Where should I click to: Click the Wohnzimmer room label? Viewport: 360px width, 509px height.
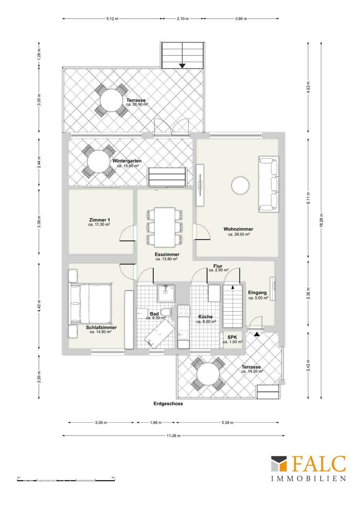tap(238, 229)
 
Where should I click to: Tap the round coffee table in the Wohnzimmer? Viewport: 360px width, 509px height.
tap(240, 185)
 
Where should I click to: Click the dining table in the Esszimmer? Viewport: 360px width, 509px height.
tap(165, 227)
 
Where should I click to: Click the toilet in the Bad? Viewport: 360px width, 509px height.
tap(165, 312)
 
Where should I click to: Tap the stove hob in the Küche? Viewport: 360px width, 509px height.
tap(184, 311)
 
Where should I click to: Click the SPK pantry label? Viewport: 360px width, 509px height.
tap(232, 337)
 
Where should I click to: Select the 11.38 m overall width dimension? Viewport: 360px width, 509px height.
tap(173, 436)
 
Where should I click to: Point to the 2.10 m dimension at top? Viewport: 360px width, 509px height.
tap(183, 19)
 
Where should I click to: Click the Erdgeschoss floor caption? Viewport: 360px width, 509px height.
tap(168, 403)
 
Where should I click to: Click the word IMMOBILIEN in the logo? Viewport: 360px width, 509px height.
tap(308, 479)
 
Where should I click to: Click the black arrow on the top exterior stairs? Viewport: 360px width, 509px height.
tap(182, 65)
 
